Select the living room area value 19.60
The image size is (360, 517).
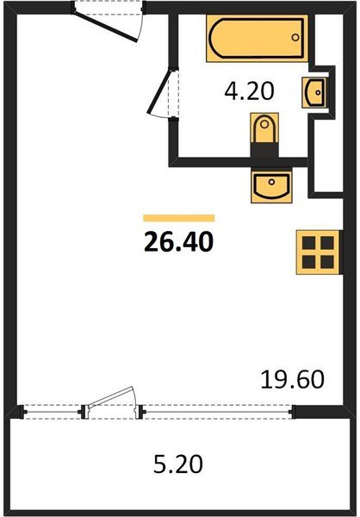[292, 380]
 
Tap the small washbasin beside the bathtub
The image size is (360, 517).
[314, 90]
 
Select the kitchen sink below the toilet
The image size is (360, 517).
[270, 184]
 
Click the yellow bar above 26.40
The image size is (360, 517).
[178, 218]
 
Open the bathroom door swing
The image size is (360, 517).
[162, 95]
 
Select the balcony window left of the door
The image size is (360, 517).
[52, 411]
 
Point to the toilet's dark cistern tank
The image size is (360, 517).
[264, 150]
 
